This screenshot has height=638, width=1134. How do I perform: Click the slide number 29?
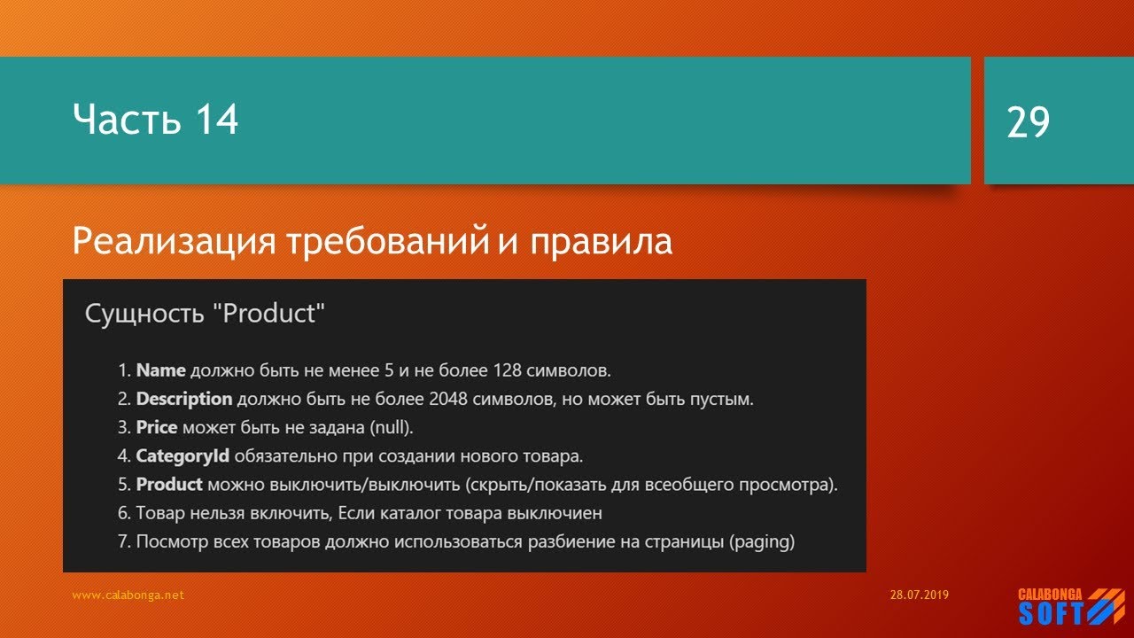tap(1028, 121)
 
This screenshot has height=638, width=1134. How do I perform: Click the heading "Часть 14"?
tap(155, 119)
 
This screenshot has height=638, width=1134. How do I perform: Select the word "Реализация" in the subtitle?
tap(174, 242)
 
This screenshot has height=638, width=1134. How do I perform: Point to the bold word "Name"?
tap(160, 370)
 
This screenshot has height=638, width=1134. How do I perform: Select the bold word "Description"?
tap(183, 399)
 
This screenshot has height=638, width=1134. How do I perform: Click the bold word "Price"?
tap(156, 428)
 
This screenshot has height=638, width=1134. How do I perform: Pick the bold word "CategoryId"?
tap(182, 456)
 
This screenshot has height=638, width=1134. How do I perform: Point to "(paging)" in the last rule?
tap(761, 541)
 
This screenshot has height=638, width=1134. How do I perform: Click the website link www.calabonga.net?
tap(128, 595)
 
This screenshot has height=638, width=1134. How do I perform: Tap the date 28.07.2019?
tap(919, 595)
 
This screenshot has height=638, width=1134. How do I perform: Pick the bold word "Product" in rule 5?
tap(168, 485)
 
